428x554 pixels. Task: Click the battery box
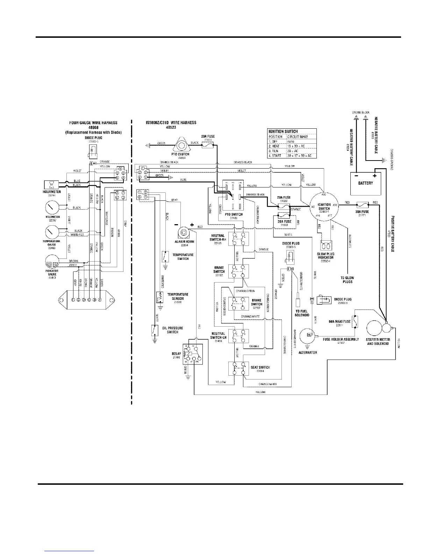coord(366,183)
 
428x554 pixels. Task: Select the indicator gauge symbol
coord(52,262)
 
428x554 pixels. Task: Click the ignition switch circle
coord(324,206)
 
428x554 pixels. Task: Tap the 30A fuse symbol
coord(362,203)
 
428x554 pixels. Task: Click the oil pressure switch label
coord(172,330)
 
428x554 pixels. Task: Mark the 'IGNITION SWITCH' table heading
coord(283,132)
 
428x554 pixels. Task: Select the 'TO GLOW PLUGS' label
coord(347,279)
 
